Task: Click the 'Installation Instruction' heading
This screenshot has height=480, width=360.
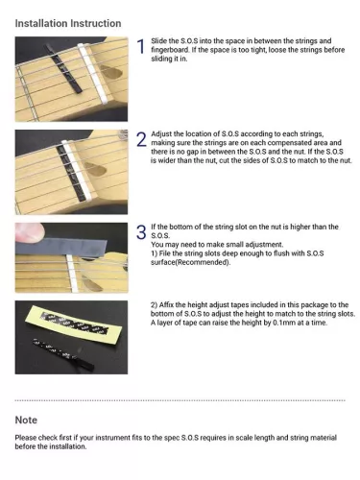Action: click(67, 22)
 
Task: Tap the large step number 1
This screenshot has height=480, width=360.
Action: click(140, 48)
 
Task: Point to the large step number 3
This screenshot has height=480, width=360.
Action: click(140, 231)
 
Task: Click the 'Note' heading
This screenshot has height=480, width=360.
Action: click(27, 420)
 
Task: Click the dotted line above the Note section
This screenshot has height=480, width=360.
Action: click(180, 400)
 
